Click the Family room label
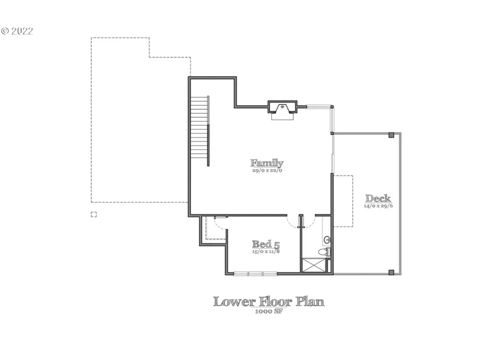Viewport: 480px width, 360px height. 267,163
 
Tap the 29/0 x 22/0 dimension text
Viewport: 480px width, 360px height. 267,171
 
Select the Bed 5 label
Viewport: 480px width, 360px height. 266,244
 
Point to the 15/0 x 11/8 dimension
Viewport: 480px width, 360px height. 266,251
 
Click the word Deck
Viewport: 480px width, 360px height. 378,198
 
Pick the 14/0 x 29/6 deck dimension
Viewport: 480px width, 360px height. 378,205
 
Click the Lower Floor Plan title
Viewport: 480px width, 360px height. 268,301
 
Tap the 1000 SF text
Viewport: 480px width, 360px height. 268,311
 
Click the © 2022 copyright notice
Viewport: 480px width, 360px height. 17,31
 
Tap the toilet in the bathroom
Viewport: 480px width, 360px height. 323,252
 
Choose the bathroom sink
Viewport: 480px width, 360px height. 326,240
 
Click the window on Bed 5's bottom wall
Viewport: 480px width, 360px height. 255,274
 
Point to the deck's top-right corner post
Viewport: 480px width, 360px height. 391,134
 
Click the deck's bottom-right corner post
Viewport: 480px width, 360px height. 391,272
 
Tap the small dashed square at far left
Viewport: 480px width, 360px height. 94,214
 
